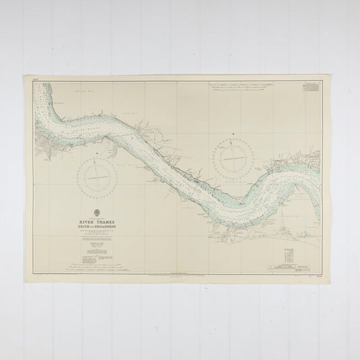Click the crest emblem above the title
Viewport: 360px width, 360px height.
(100, 211)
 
